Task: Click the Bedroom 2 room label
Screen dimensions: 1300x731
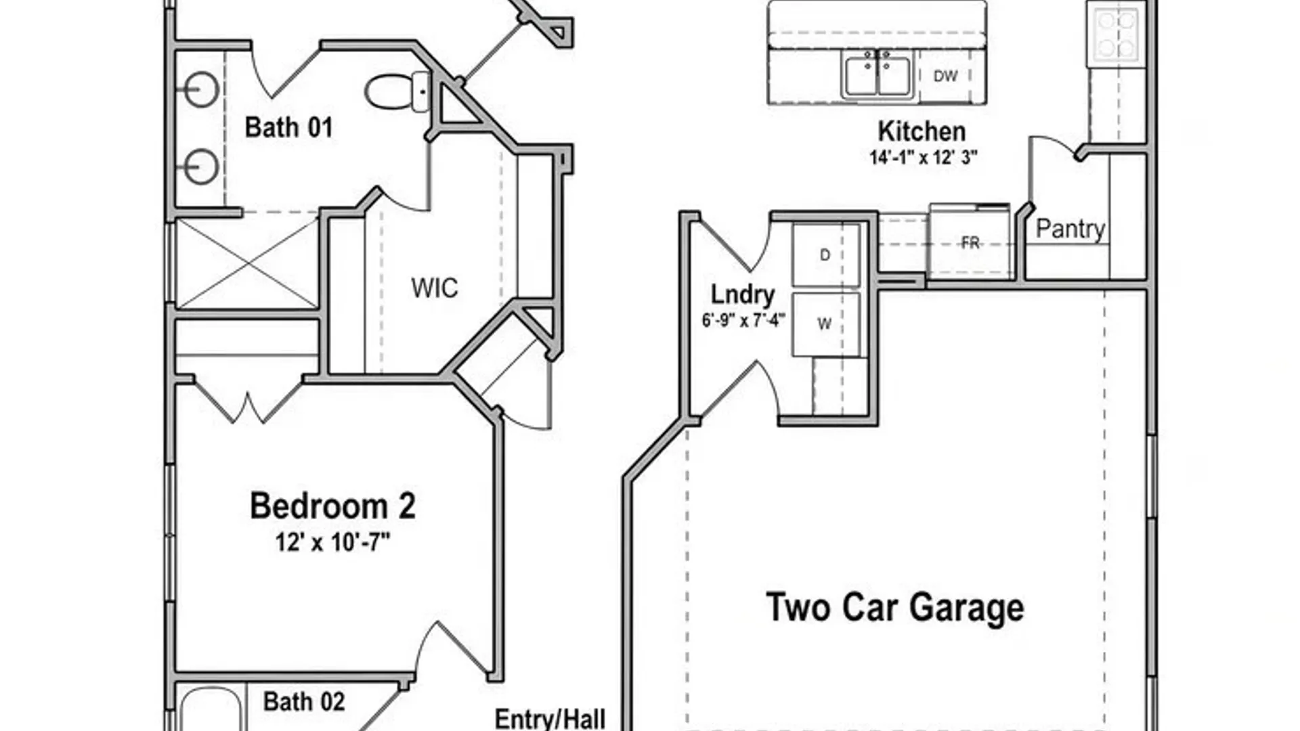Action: pyautogui.click(x=332, y=506)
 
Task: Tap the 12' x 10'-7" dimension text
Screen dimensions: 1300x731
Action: pyautogui.click(x=332, y=542)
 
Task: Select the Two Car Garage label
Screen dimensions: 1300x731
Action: pyautogui.click(x=894, y=607)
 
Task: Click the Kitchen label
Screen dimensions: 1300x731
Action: pyautogui.click(x=922, y=131)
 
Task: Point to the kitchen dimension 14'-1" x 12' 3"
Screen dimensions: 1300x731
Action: pyautogui.click(x=924, y=158)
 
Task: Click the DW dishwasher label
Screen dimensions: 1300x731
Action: pyautogui.click(x=945, y=76)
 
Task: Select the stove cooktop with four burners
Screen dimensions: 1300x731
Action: pyautogui.click(x=1116, y=34)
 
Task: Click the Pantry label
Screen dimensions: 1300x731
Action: pyautogui.click(x=1070, y=229)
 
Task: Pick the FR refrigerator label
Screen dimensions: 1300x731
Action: pyautogui.click(x=970, y=242)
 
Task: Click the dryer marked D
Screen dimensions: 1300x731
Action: pyautogui.click(x=826, y=255)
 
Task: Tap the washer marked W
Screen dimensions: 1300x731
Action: pyautogui.click(x=826, y=324)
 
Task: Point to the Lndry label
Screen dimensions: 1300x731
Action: pyautogui.click(x=743, y=295)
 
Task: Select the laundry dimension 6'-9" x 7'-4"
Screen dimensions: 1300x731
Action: pyautogui.click(x=743, y=320)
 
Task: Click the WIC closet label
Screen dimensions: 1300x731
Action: pyautogui.click(x=434, y=288)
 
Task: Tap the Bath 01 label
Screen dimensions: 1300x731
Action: pyautogui.click(x=288, y=127)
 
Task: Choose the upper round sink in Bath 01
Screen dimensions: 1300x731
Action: pyautogui.click(x=201, y=90)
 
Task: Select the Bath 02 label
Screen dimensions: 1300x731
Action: pyautogui.click(x=303, y=702)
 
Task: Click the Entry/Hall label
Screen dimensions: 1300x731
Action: pyautogui.click(x=550, y=719)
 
